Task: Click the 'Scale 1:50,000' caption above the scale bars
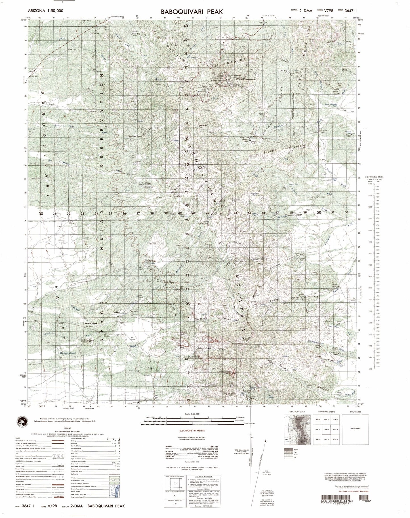pyautogui.click(x=192, y=414)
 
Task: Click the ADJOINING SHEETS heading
pyautogui.click(x=326, y=412)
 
